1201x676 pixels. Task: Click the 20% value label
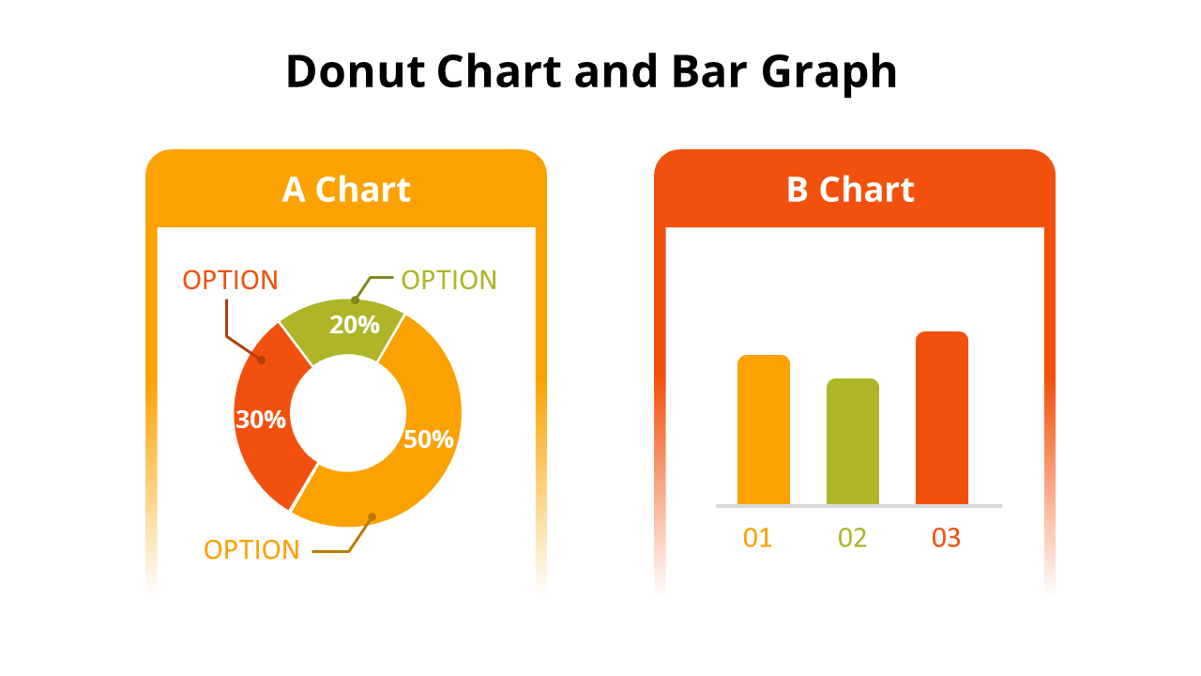(x=355, y=325)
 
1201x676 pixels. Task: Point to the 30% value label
(x=261, y=419)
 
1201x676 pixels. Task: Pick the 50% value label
(x=429, y=439)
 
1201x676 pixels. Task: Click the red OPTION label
(x=231, y=280)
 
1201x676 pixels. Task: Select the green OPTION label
(x=449, y=280)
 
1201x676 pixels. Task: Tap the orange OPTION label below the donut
(x=251, y=550)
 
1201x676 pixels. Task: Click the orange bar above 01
(x=764, y=430)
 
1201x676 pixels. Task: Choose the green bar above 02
(x=853, y=441)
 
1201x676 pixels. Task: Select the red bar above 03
(x=942, y=418)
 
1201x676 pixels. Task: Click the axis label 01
(x=757, y=538)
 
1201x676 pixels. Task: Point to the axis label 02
(x=853, y=538)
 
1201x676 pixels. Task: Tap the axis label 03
(x=947, y=538)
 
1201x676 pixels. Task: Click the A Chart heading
(x=346, y=190)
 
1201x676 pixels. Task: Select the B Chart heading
(x=850, y=190)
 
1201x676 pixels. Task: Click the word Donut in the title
(x=356, y=71)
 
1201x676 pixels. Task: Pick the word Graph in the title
(x=829, y=73)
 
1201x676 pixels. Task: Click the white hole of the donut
(x=348, y=413)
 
